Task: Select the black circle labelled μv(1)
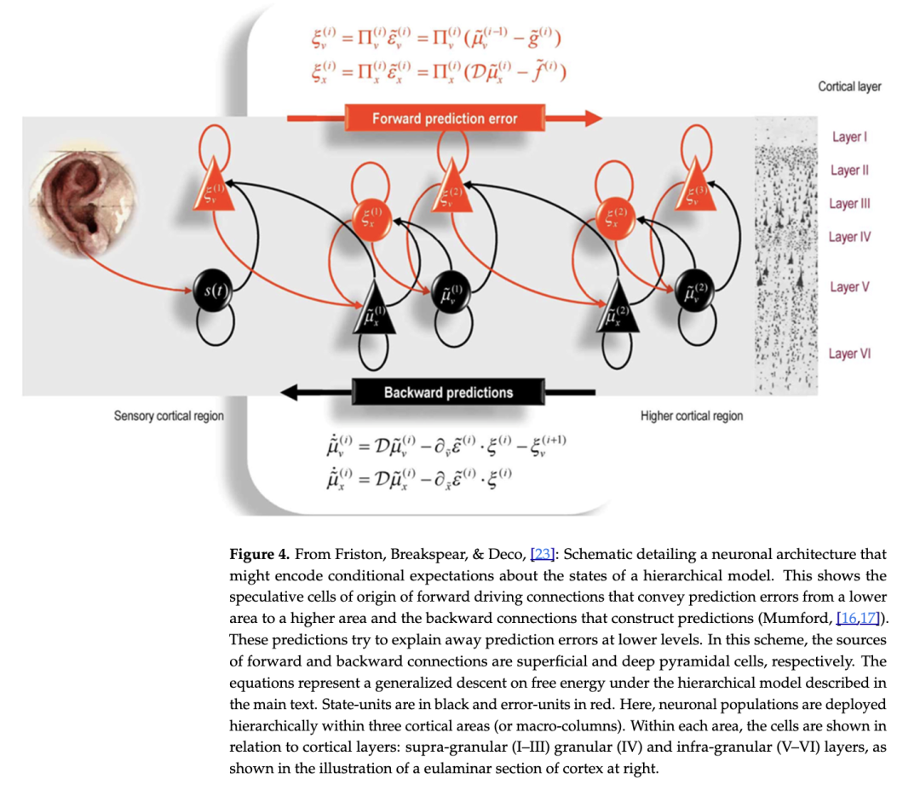(450, 292)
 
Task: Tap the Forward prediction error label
(445, 118)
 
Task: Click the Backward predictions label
(448, 392)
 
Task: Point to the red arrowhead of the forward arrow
(591, 118)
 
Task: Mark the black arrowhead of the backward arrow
(290, 392)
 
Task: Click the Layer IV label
(849, 237)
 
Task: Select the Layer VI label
(849, 354)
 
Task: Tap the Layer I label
(848, 137)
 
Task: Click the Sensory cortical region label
(169, 416)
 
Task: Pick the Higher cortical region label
(691, 416)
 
